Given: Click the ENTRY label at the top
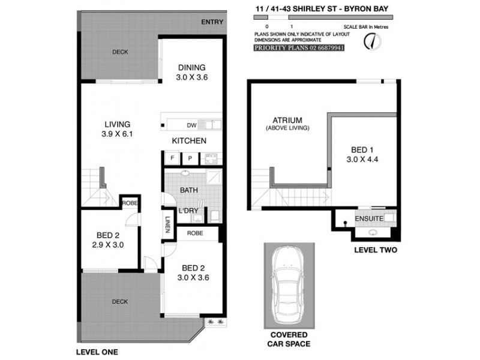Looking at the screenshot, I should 212,22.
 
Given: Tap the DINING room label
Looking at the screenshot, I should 191,67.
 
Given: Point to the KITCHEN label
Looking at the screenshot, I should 189,140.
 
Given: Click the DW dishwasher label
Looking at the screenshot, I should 191,125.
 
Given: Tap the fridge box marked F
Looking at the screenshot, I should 172,158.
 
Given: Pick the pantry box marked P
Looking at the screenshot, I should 190,158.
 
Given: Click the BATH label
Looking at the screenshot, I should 190,190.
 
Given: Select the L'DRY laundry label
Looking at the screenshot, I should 188,211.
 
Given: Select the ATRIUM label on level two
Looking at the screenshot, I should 287,120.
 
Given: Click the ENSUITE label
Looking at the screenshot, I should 368,219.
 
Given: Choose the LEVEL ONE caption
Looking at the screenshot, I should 97,352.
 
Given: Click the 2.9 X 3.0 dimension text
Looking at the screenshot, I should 109,245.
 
